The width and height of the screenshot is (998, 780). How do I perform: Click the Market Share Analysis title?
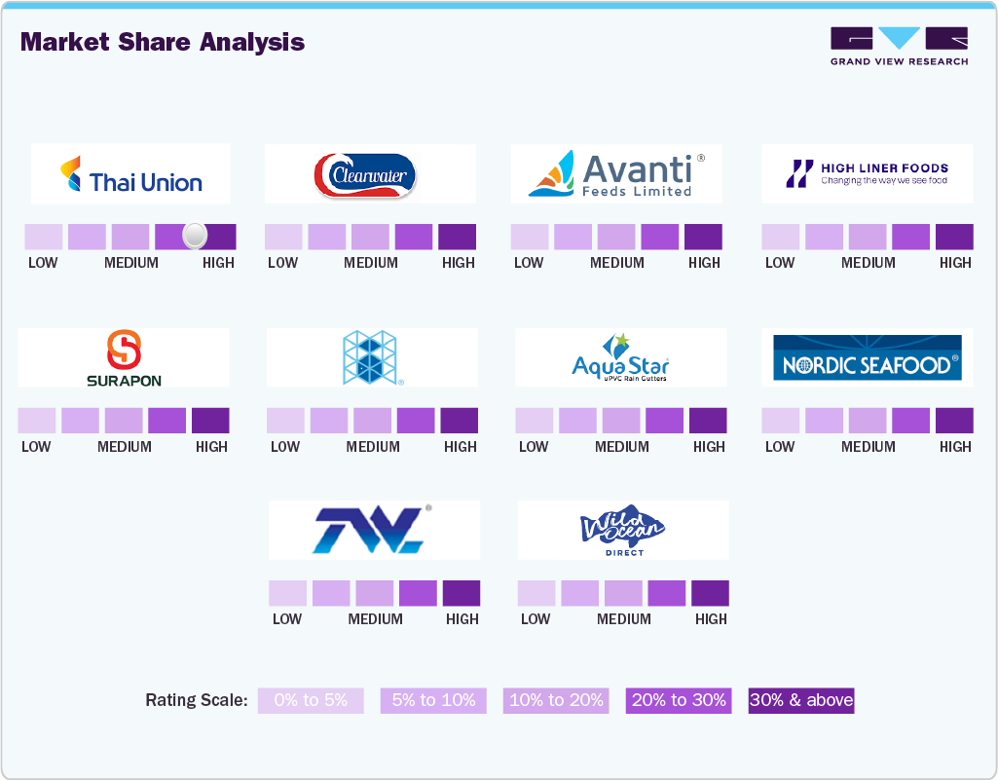tap(163, 42)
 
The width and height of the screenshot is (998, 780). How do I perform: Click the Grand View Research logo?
tap(899, 46)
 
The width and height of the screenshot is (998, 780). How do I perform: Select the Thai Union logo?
tap(131, 174)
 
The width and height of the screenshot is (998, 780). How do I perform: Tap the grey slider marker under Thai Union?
tap(195, 235)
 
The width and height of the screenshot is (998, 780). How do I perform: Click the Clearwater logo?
tap(365, 175)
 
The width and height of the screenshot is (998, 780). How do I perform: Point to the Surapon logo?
tap(124, 357)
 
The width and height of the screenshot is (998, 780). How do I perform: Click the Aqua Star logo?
tap(621, 357)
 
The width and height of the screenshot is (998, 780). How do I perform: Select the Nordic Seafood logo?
tap(867, 357)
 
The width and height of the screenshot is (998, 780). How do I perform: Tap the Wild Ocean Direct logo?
tap(622, 531)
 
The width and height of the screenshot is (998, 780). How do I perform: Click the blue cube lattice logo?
tap(371, 357)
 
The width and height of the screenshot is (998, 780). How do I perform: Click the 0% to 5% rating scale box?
tap(311, 700)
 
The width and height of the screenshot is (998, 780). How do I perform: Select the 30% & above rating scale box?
tap(800, 700)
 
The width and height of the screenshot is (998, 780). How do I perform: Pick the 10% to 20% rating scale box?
tap(556, 700)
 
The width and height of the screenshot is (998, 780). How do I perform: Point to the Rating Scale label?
tap(197, 700)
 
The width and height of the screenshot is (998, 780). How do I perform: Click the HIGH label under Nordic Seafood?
tap(955, 447)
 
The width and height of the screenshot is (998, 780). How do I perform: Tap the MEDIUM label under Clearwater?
tap(371, 263)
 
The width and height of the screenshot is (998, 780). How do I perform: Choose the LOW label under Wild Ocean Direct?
tap(536, 619)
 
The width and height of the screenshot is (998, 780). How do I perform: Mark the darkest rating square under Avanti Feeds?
tap(703, 237)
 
